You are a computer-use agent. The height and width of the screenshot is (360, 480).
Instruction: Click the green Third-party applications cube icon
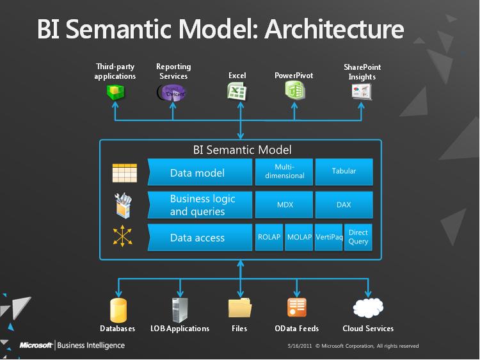click(115, 92)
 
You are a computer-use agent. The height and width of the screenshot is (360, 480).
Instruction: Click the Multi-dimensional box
click(284, 172)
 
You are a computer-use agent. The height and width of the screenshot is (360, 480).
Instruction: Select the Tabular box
click(344, 172)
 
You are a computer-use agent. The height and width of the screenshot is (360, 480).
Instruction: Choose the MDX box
click(284, 205)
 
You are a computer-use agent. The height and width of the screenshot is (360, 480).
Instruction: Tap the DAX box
click(344, 205)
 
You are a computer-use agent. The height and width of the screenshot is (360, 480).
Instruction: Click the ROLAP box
click(269, 238)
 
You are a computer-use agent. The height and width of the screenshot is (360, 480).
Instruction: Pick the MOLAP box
click(299, 238)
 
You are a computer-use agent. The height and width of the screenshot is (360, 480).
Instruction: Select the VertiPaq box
click(329, 238)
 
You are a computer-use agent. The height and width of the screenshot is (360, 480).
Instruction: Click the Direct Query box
click(358, 238)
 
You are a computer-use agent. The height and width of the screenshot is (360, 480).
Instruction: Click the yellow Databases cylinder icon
click(118, 309)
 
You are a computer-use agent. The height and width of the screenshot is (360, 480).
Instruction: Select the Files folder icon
click(239, 308)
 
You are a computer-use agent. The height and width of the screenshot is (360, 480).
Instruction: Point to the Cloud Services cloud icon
click(367, 308)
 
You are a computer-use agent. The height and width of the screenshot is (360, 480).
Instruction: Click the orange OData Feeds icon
click(296, 308)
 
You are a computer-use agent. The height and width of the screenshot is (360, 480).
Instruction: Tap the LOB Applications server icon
click(179, 309)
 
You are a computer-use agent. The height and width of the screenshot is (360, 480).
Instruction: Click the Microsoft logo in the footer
click(35, 345)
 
